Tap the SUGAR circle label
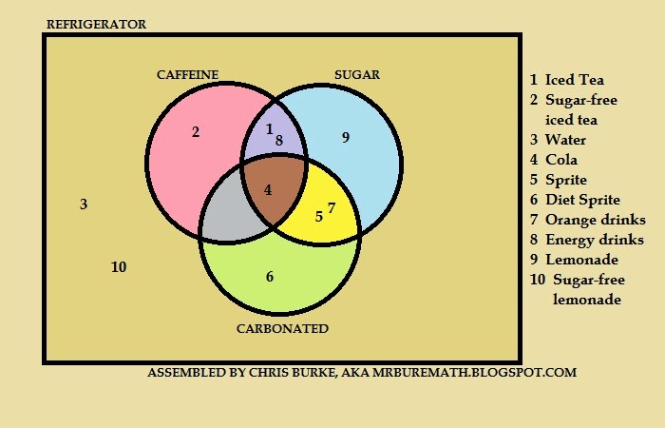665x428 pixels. [x=356, y=74]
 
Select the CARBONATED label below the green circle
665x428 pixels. [x=281, y=329]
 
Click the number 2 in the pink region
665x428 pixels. [x=196, y=132]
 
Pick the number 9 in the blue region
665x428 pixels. [x=346, y=138]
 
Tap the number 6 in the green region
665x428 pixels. [x=270, y=277]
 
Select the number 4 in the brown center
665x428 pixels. [x=268, y=189]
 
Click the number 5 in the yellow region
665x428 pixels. [x=318, y=216]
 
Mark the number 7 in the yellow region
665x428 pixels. [x=331, y=207]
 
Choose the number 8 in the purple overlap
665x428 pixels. [x=279, y=141]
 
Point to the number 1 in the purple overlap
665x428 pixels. [x=269, y=128]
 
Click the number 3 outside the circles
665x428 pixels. [x=84, y=204]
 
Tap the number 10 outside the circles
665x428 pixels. [x=119, y=267]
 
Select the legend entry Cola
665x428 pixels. [x=560, y=160]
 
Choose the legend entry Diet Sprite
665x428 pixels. [x=582, y=200]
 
